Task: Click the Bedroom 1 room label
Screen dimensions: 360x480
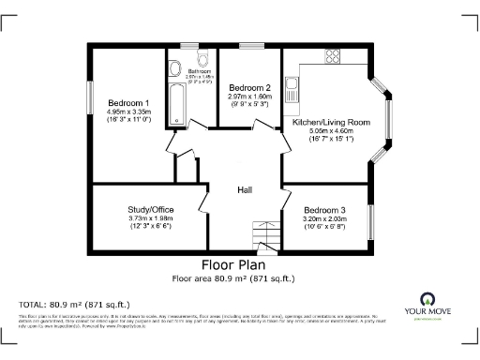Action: [129, 102]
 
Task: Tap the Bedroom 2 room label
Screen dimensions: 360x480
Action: [248, 86]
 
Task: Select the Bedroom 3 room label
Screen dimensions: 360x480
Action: [323, 210]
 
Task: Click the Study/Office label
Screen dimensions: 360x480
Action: [150, 209]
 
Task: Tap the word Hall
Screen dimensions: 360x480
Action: [244, 189]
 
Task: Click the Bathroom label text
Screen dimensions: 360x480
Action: [200, 70]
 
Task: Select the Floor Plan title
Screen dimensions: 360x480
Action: [233, 264]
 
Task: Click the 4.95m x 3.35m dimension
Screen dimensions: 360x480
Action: [129, 112]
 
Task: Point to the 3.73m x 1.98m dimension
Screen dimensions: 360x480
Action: [150, 218]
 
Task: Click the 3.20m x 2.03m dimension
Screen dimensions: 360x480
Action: [323, 218]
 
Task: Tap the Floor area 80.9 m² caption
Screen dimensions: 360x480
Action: [233, 277]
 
